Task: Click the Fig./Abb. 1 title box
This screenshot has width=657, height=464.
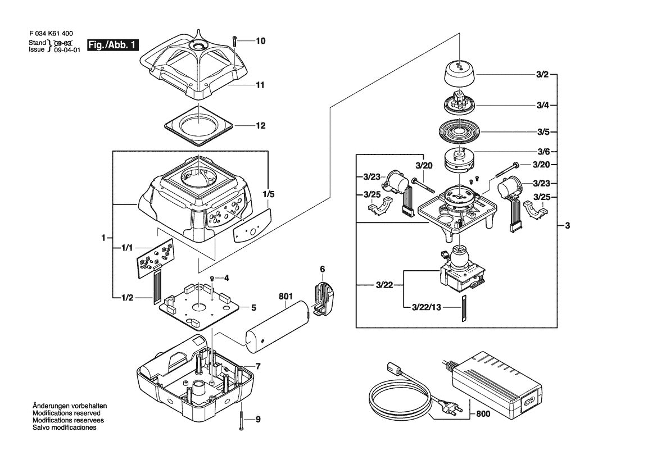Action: [x=113, y=45]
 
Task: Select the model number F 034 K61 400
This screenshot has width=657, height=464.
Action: [x=51, y=34]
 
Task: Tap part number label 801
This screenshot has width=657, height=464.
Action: [x=286, y=297]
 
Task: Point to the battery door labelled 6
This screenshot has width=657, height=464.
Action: [x=323, y=299]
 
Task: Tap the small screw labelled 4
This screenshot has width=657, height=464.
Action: [x=212, y=278]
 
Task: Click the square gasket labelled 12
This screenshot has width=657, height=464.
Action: [x=198, y=126]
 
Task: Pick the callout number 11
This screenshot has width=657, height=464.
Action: [x=260, y=85]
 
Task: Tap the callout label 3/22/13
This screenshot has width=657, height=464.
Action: [x=427, y=307]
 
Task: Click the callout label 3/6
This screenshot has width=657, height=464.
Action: [x=543, y=151]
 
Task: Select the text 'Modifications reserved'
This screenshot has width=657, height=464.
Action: [x=67, y=413]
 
